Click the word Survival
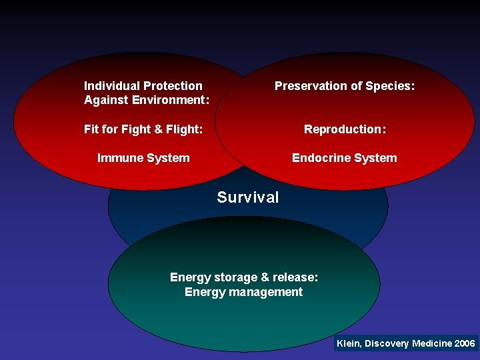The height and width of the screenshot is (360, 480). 248,197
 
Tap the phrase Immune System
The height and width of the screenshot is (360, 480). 143,158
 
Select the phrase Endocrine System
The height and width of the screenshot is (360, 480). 345,158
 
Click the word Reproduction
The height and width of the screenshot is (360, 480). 343,129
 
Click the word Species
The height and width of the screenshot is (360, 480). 392,86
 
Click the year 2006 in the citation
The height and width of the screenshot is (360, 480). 464,343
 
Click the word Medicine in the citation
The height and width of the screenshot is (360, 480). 432,343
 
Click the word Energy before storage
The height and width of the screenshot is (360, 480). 189,277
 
